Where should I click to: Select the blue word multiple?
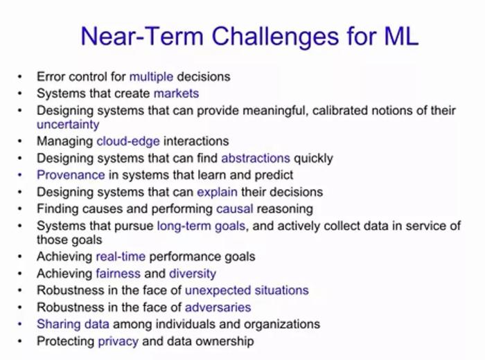click(151, 77)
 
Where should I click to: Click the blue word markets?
click(176, 93)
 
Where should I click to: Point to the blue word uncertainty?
click(68, 125)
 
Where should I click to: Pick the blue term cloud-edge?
click(128, 141)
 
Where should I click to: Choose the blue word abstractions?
click(256, 159)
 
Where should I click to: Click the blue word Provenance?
click(71, 175)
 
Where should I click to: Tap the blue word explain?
click(218, 192)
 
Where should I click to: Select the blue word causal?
click(235, 209)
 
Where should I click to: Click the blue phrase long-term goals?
click(202, 226)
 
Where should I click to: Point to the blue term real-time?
click(121, 256)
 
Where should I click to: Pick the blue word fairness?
click(118, 273)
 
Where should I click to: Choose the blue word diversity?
click(193, 273)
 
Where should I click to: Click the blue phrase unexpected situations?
click(247, 291)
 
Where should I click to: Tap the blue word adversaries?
click(218, 307)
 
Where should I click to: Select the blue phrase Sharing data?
click(73, 325)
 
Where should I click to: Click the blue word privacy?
click(118, 341)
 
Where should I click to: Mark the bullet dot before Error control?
click(20, 77)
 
